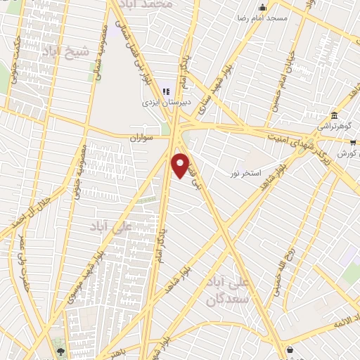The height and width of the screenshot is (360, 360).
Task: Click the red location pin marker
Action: click(181, 165)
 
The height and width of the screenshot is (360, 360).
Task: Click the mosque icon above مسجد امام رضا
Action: click(262, 6)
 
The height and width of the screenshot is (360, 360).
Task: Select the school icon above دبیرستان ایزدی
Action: click(166, 91)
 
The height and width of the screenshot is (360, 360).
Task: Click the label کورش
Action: click(347, 153)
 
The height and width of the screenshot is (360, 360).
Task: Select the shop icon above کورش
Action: click(353, 142)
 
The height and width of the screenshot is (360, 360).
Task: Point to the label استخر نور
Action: click(247, 172)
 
